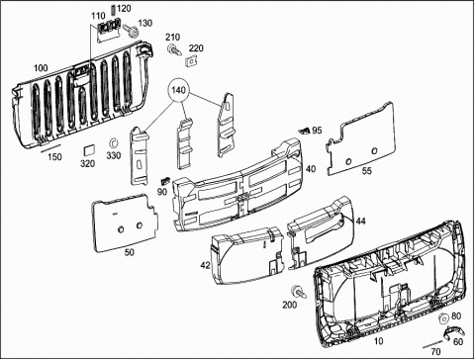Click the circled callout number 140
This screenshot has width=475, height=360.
pyautogui.click(x=178, y=90)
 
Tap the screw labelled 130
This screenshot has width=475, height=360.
pyautogui.click(x=131, y=31)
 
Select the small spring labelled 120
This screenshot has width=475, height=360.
pyautogui.click(x=114, y=10)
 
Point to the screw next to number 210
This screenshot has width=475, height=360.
pyautogui.click(x=174, y=49)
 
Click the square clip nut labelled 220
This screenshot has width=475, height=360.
pyautogui.click(x=191, y=60)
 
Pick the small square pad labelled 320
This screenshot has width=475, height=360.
pyautogui.click(x=89, y=149)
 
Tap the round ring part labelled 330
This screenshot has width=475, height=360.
pyautogui.click(x=113, y=143)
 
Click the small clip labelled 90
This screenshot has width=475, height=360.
pyautogui.click(x=164, y=180)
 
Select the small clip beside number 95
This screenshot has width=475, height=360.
pyautogui.click(x=305, y=131)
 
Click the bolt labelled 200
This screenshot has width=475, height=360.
pyautogui.click(x=299, y=291)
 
